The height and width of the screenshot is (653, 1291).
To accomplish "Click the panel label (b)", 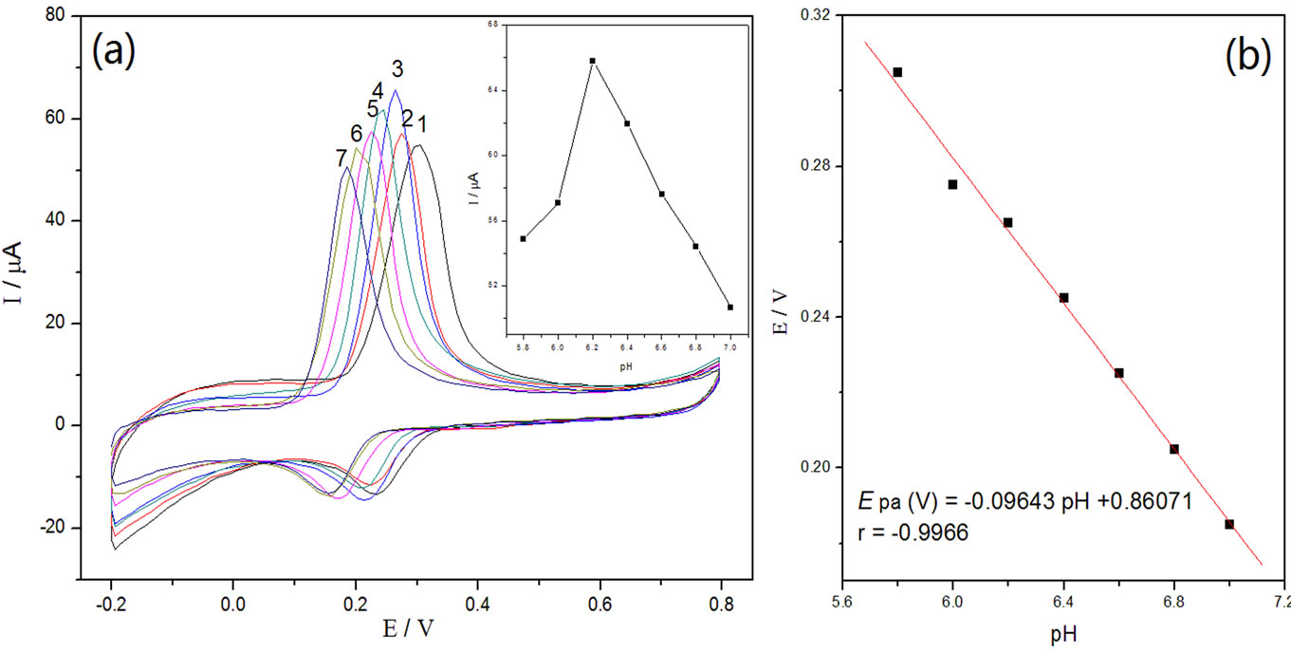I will (1247, 59).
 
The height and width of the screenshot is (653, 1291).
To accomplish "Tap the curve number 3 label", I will (397, 69).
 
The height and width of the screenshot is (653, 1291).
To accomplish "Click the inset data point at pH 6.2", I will (593, 61).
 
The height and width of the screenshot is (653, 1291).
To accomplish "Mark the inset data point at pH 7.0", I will (730, 307).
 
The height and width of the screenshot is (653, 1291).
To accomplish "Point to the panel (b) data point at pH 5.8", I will (897, 72).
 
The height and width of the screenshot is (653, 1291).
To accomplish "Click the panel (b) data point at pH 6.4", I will (1064, 298).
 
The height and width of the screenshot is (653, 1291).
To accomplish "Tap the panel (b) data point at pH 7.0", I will (1229, 524).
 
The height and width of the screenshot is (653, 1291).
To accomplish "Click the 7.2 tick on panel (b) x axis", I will (1283, 603).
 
